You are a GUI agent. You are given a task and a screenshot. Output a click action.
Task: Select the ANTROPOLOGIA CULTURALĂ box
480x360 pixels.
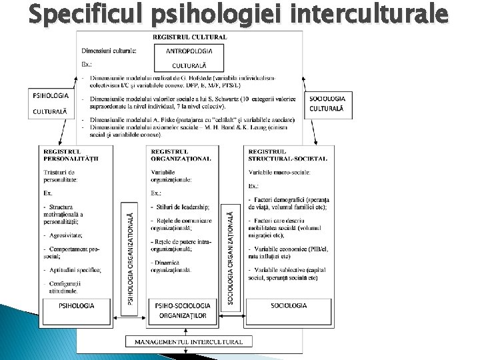(193, 58)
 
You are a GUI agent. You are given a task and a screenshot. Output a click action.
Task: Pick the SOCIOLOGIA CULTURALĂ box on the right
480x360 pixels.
(328, 104)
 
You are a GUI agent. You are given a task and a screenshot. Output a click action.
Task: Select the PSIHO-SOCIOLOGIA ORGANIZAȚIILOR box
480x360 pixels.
(181, 310)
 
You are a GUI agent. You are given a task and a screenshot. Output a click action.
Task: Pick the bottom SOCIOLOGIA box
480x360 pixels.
(289, 305)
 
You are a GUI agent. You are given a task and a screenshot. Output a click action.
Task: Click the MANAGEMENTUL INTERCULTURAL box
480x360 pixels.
(189, 341)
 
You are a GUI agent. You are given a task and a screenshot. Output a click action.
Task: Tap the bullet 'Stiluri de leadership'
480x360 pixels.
(183, 208)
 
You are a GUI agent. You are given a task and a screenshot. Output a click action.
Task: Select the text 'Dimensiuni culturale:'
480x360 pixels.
(109, 50)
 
